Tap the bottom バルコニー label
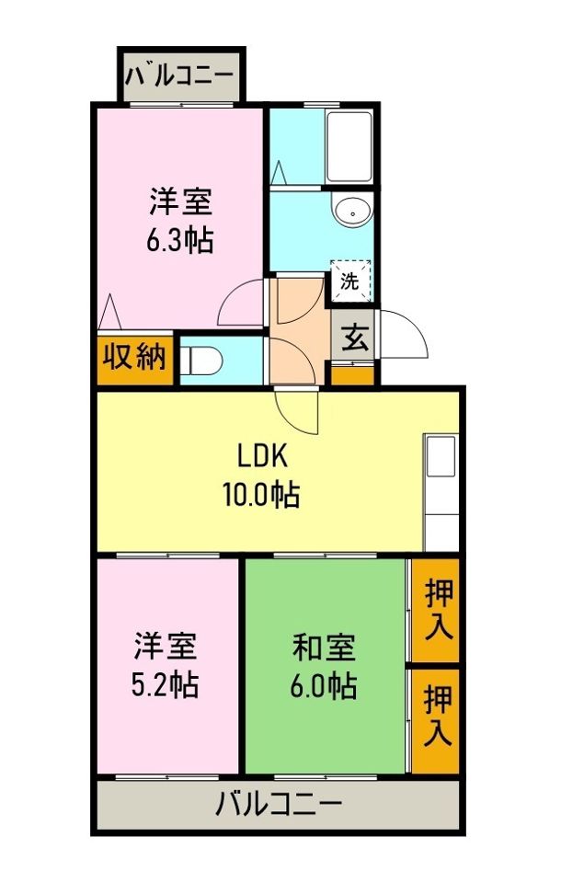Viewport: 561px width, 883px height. point(279,806)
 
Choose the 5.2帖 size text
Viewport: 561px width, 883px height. point(166,685)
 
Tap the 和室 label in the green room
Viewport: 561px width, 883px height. point(325,647)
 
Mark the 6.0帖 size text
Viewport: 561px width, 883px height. point(325,685)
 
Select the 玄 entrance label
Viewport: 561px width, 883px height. point(355,339)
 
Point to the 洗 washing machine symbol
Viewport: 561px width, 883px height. point(350,281)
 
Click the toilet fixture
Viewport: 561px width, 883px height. point(197,359)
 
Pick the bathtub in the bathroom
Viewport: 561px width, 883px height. point(349,147)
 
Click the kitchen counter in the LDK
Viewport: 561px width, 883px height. point(441,493)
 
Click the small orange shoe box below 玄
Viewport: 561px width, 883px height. point(353,374)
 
